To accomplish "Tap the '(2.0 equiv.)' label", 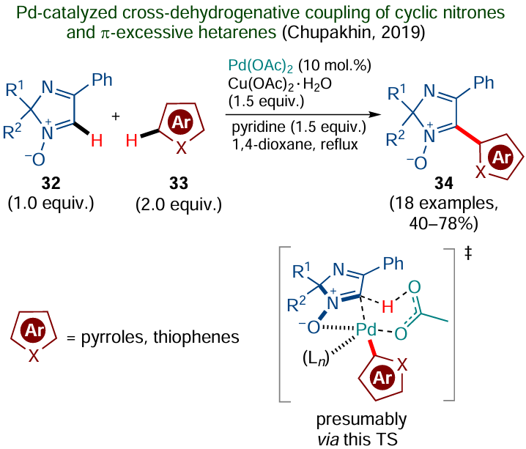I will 181,202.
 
